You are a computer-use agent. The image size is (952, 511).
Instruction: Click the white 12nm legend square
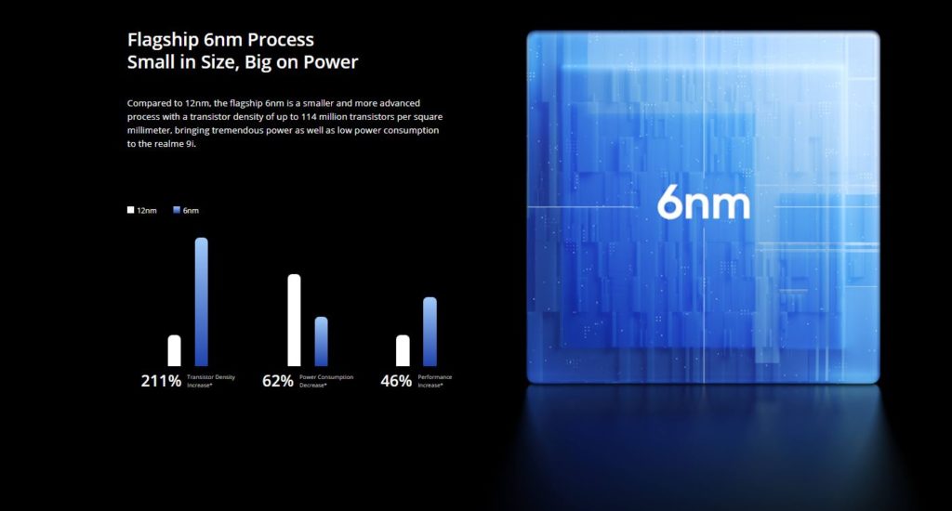pyautogui.click(x=130, y=210)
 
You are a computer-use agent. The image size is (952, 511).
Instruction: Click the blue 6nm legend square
pyautogui.click(x=177, y=210)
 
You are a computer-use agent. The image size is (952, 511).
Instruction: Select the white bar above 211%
pyautogui.click(x=174, y=351)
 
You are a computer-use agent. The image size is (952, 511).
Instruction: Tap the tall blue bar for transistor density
pyautogui.click(x=202, y=302)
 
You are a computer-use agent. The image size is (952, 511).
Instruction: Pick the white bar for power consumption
pyautogui.click(x=294, y=321)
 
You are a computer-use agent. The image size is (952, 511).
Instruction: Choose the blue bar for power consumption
pyautogui.click(x=321, y=342)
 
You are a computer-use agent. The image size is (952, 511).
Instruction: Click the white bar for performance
pyautogui.click(x=403, y=351)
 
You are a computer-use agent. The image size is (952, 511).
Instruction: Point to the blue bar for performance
pyautogui.click(x=430, y=332)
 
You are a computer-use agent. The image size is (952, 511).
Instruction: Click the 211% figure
pyautogui.click(x=161, y=381)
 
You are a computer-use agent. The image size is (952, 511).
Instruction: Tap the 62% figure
pyautogui.click(x=278, y=381)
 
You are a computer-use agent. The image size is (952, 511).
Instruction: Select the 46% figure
pyautogui.click(x=396, y=381)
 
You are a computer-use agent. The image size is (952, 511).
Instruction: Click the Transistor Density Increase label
pyautogui.click(x=211, y=381)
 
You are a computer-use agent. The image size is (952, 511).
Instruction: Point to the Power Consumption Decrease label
pyautogui.click(x=326, y=381)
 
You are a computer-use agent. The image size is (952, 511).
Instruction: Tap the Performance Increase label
pyautogui.click(x=435, y=381)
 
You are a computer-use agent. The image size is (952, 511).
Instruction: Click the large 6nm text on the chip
pyautogui.click(x=704, y=203)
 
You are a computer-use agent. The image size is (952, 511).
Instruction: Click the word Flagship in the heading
pyautogui.click(x=164, y=40)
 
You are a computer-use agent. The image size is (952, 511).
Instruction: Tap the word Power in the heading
pyautogui.click(x=331, y=62)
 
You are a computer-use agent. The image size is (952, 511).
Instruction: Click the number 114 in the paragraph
pyautogui.click(x=309, y=116)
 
